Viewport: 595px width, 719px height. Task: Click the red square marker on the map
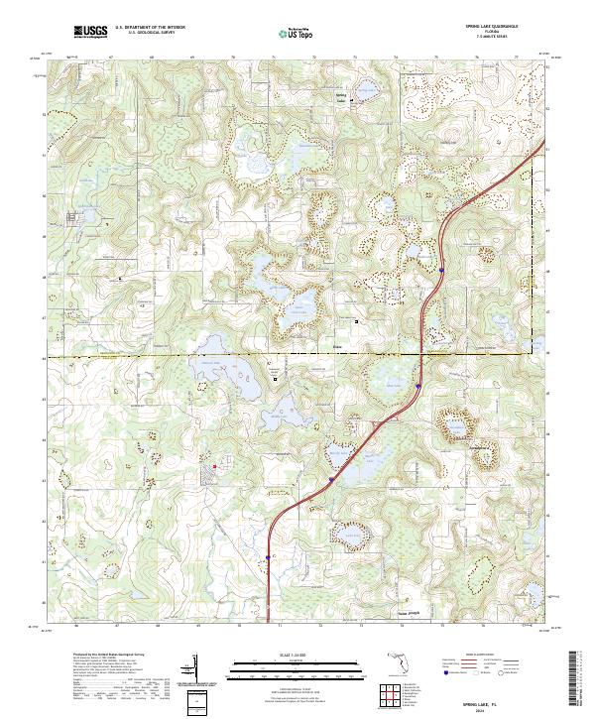213,457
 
